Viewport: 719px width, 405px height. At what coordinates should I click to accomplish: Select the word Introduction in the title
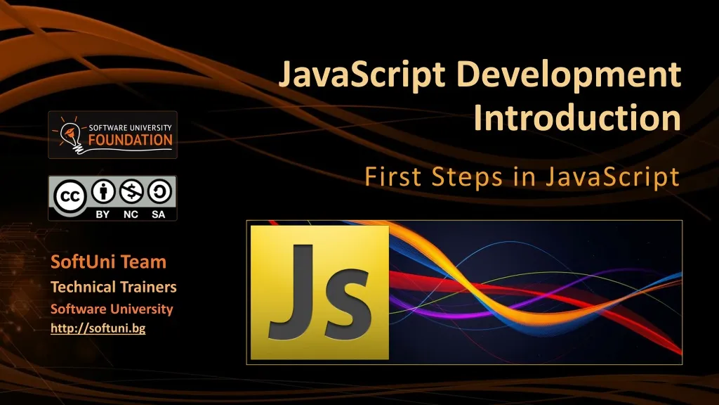pyautogui.click(x=577, y=118)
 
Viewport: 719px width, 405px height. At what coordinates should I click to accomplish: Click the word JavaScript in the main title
pyautogui.click(x=362, y=75)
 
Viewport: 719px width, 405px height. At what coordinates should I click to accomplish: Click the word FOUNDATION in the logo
pyautogui.click(x=130, y=139)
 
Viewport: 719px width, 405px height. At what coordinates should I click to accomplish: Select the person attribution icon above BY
pyautogui.click(x=103, y=192)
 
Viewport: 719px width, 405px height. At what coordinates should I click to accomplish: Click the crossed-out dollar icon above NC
pyautogui.click(x=131, y=192)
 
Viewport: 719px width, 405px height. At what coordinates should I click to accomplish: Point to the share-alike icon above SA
pyautogui.click(x=159, y=192)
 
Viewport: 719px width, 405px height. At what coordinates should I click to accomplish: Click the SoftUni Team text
pyautogui.click(x=108, y=262)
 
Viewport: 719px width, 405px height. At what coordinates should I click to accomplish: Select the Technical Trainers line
pyautogui.click(x=114, y=287)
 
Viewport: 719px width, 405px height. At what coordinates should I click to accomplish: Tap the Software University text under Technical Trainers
pyautogui.click(x=112, y=309)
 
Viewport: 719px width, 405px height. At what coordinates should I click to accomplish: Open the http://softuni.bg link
pyautogui.click(x=98, y=328)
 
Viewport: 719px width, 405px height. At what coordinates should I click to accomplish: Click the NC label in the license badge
pyautogui.click(x=131, y=214)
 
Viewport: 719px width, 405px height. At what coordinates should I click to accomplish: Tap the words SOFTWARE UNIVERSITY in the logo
pyautogui.click(x=130, y=127)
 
